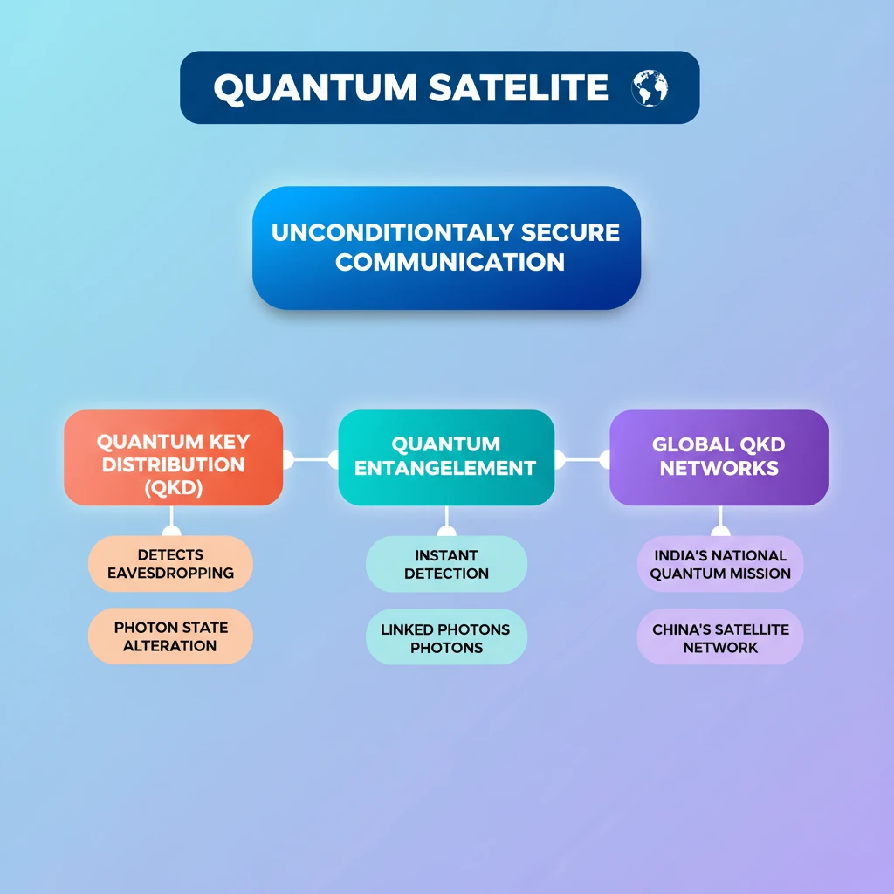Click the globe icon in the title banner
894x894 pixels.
point(650,88)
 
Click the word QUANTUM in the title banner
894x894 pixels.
point(315,88)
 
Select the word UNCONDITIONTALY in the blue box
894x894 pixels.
point(393,232)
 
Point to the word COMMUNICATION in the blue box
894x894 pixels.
point(450,262)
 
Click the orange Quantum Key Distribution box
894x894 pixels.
point(174,457)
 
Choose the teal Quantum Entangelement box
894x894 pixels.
point(446,457)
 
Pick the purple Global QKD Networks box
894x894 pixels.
point(719,457)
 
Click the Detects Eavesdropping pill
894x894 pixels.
point(170,563)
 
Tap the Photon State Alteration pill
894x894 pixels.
point(170,636)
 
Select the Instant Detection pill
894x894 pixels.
point(446,564)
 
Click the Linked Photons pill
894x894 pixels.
point(446,636)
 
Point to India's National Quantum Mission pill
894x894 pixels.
point(720,564)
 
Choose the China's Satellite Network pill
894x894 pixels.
point(720,636)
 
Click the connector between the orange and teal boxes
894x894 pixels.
point(311,459)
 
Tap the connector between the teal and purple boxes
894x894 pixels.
point(582,459)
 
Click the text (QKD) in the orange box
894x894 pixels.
point(174,487)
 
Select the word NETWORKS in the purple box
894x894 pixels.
point(719,468)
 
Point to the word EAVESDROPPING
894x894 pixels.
point(170,573)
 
